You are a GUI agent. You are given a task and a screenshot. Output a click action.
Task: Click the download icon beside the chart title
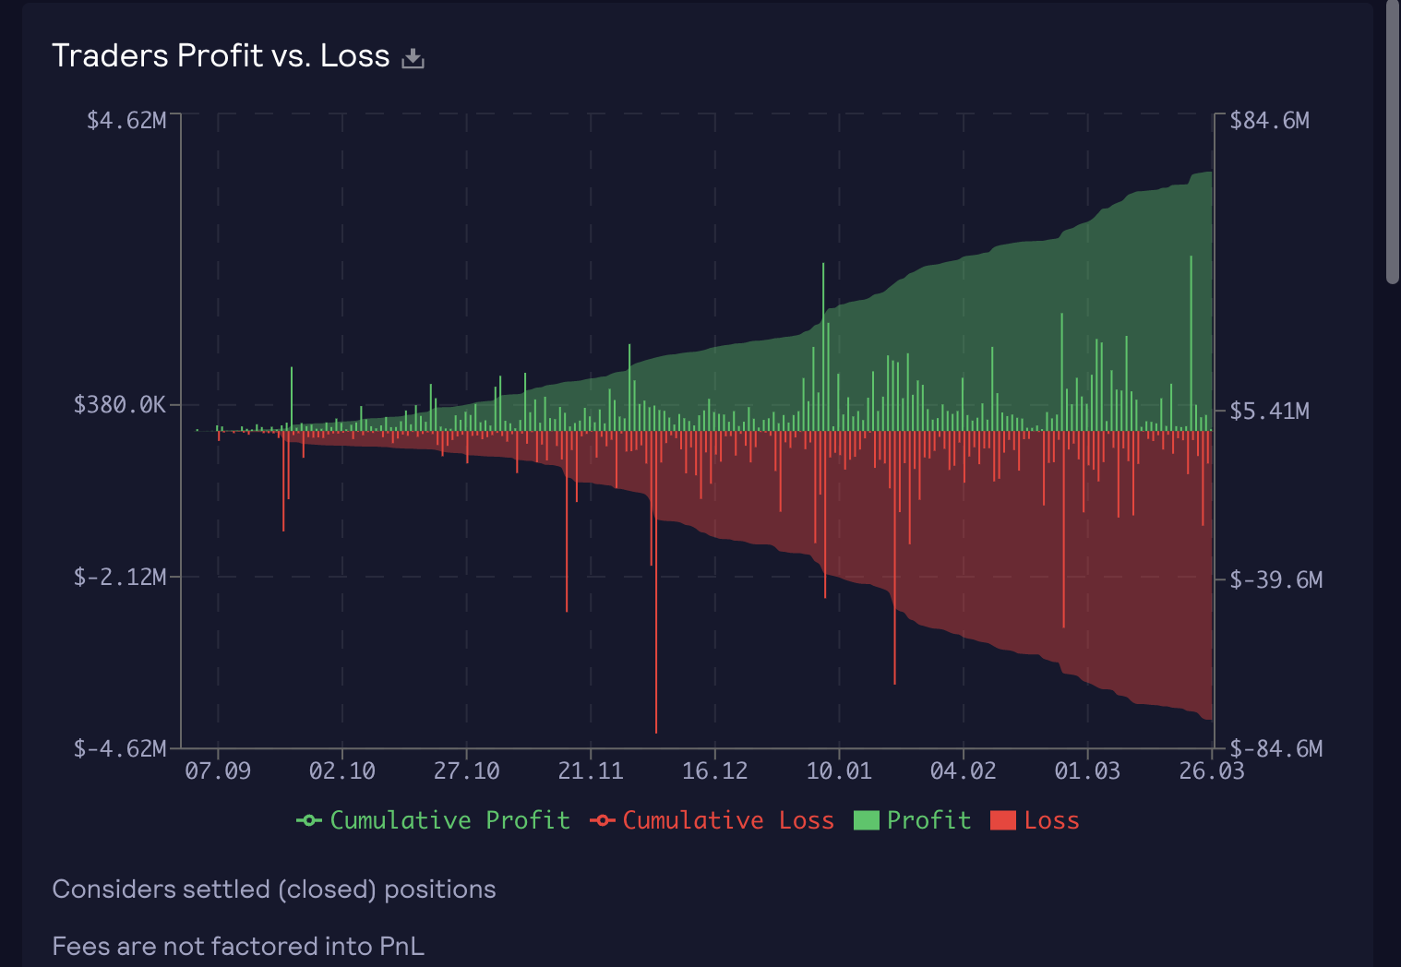(413, 58)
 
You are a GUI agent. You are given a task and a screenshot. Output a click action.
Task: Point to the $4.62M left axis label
(126, 121)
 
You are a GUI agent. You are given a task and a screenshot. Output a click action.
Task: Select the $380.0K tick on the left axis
(120, 405)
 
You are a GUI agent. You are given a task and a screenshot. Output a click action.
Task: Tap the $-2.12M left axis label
(120, 578)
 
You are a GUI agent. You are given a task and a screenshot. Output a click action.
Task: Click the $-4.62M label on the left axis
(120, 748)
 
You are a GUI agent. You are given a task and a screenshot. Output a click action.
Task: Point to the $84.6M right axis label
(1269, 121)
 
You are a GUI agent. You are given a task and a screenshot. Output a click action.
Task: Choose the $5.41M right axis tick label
(1269, 411)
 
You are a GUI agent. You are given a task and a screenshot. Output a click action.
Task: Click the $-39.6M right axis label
(1275, 580)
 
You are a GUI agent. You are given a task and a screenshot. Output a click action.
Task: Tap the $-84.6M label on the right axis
(1275, 748)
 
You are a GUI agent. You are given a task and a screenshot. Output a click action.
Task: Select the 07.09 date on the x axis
(218, 771)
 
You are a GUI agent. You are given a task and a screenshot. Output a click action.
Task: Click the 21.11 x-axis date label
(591, 771)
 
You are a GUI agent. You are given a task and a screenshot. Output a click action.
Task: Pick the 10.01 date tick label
(839, 771)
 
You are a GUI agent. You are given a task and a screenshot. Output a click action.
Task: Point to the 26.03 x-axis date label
(1212, 771)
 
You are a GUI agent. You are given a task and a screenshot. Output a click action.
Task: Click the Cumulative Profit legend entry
(433, 820)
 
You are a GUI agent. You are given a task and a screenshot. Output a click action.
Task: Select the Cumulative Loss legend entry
(712, 820)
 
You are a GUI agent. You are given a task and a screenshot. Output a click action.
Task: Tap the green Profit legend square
(866, 820)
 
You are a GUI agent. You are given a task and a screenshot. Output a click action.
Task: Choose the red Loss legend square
(1002, 820)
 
